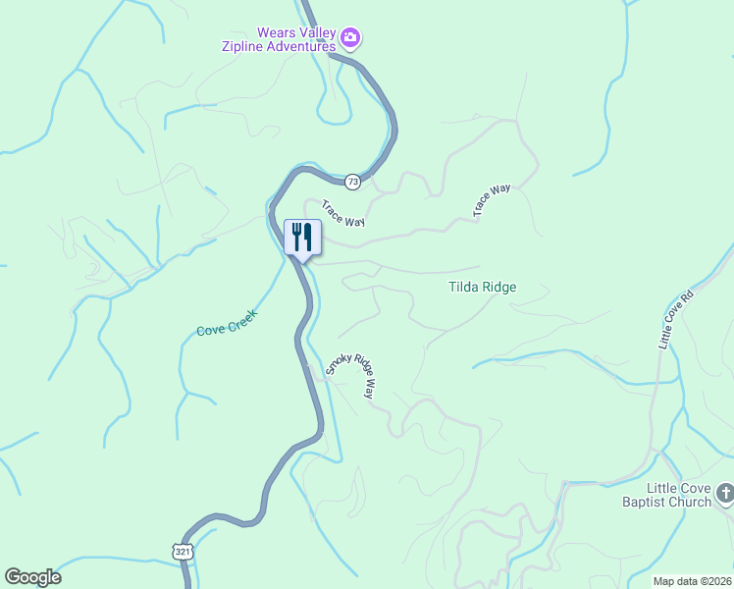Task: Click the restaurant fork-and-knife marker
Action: [x=302, y=237]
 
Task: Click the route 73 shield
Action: [x=353, y=182]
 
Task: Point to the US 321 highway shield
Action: [x=183, y=552]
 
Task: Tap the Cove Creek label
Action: [x=227, y=324]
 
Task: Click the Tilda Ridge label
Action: [x=482, y=288]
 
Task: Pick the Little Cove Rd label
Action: [x=675, y=319]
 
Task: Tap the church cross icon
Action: [x=725, y=494]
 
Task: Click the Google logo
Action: [x=32, y=577]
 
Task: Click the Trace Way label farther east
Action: [x=492, y=199]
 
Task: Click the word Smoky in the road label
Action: [x=340, y=364]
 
